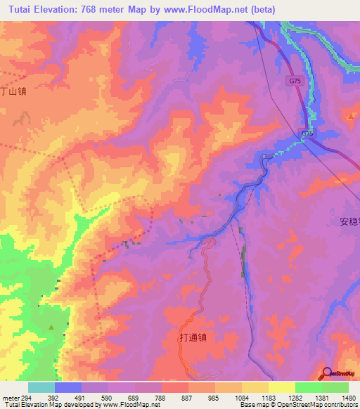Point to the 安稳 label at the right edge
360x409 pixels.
point(349,221)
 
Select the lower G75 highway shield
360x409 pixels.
point(308,133)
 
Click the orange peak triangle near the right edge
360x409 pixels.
point(351,116)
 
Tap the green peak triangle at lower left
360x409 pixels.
point(51,327)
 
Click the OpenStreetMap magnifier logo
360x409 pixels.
point(327,373)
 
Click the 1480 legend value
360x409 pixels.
point(347,397)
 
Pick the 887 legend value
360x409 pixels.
point(186,397)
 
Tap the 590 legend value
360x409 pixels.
point(106,397)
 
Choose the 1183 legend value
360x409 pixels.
point(266,397)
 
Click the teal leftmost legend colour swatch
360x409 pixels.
point(41,387)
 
